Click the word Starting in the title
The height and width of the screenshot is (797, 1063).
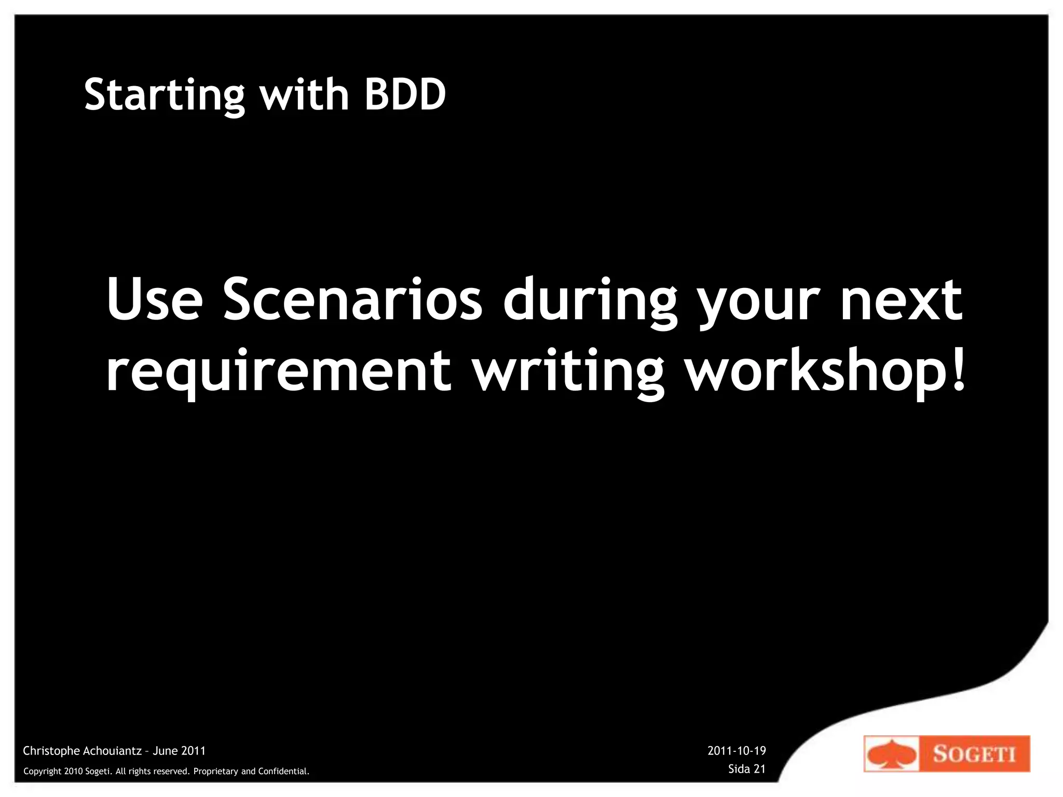pos(164,95)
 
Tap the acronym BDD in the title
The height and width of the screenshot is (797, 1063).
pos(405,94)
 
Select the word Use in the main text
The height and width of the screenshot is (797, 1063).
pos(154,300)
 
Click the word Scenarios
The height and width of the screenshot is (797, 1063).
pos(353,300)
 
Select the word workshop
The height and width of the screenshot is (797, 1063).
pos(815,372)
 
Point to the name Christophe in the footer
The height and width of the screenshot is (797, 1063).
pos(51,751)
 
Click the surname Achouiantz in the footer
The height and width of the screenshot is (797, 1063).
pos(112,751)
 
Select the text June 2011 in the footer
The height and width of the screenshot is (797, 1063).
pos(179,751)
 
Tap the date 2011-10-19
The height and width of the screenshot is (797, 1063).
pos(737,751)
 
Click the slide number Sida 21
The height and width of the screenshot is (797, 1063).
pos(747,769)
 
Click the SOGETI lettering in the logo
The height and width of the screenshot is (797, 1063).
pos(974,754)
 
